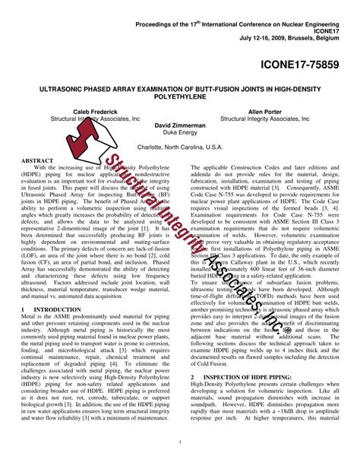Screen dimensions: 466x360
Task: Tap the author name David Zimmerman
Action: tap(180, 125)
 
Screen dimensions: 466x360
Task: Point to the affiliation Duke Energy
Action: tap(180, 132)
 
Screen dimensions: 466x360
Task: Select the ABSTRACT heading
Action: tap(37, 161)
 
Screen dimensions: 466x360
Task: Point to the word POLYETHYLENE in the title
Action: tap(180, 97)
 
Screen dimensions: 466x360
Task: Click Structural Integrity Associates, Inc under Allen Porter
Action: tap(269, 119)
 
